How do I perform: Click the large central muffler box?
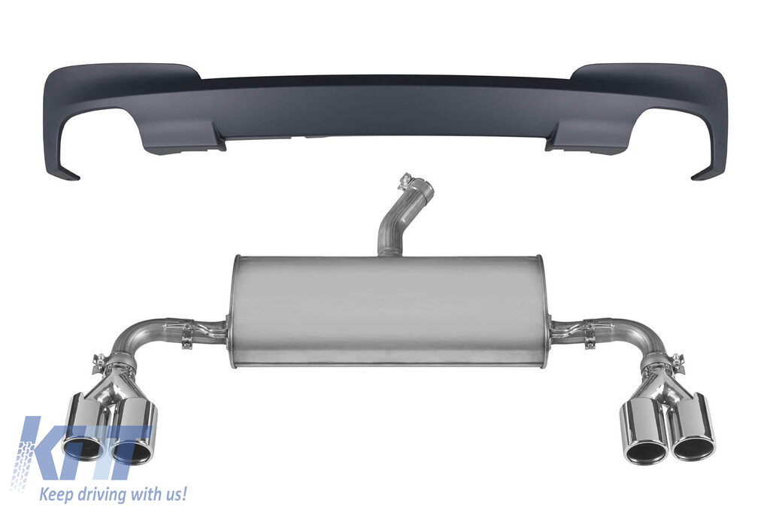coord(388,311)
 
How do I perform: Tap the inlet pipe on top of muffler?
coord(397,221)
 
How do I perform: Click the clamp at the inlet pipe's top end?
coord(405,182)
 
